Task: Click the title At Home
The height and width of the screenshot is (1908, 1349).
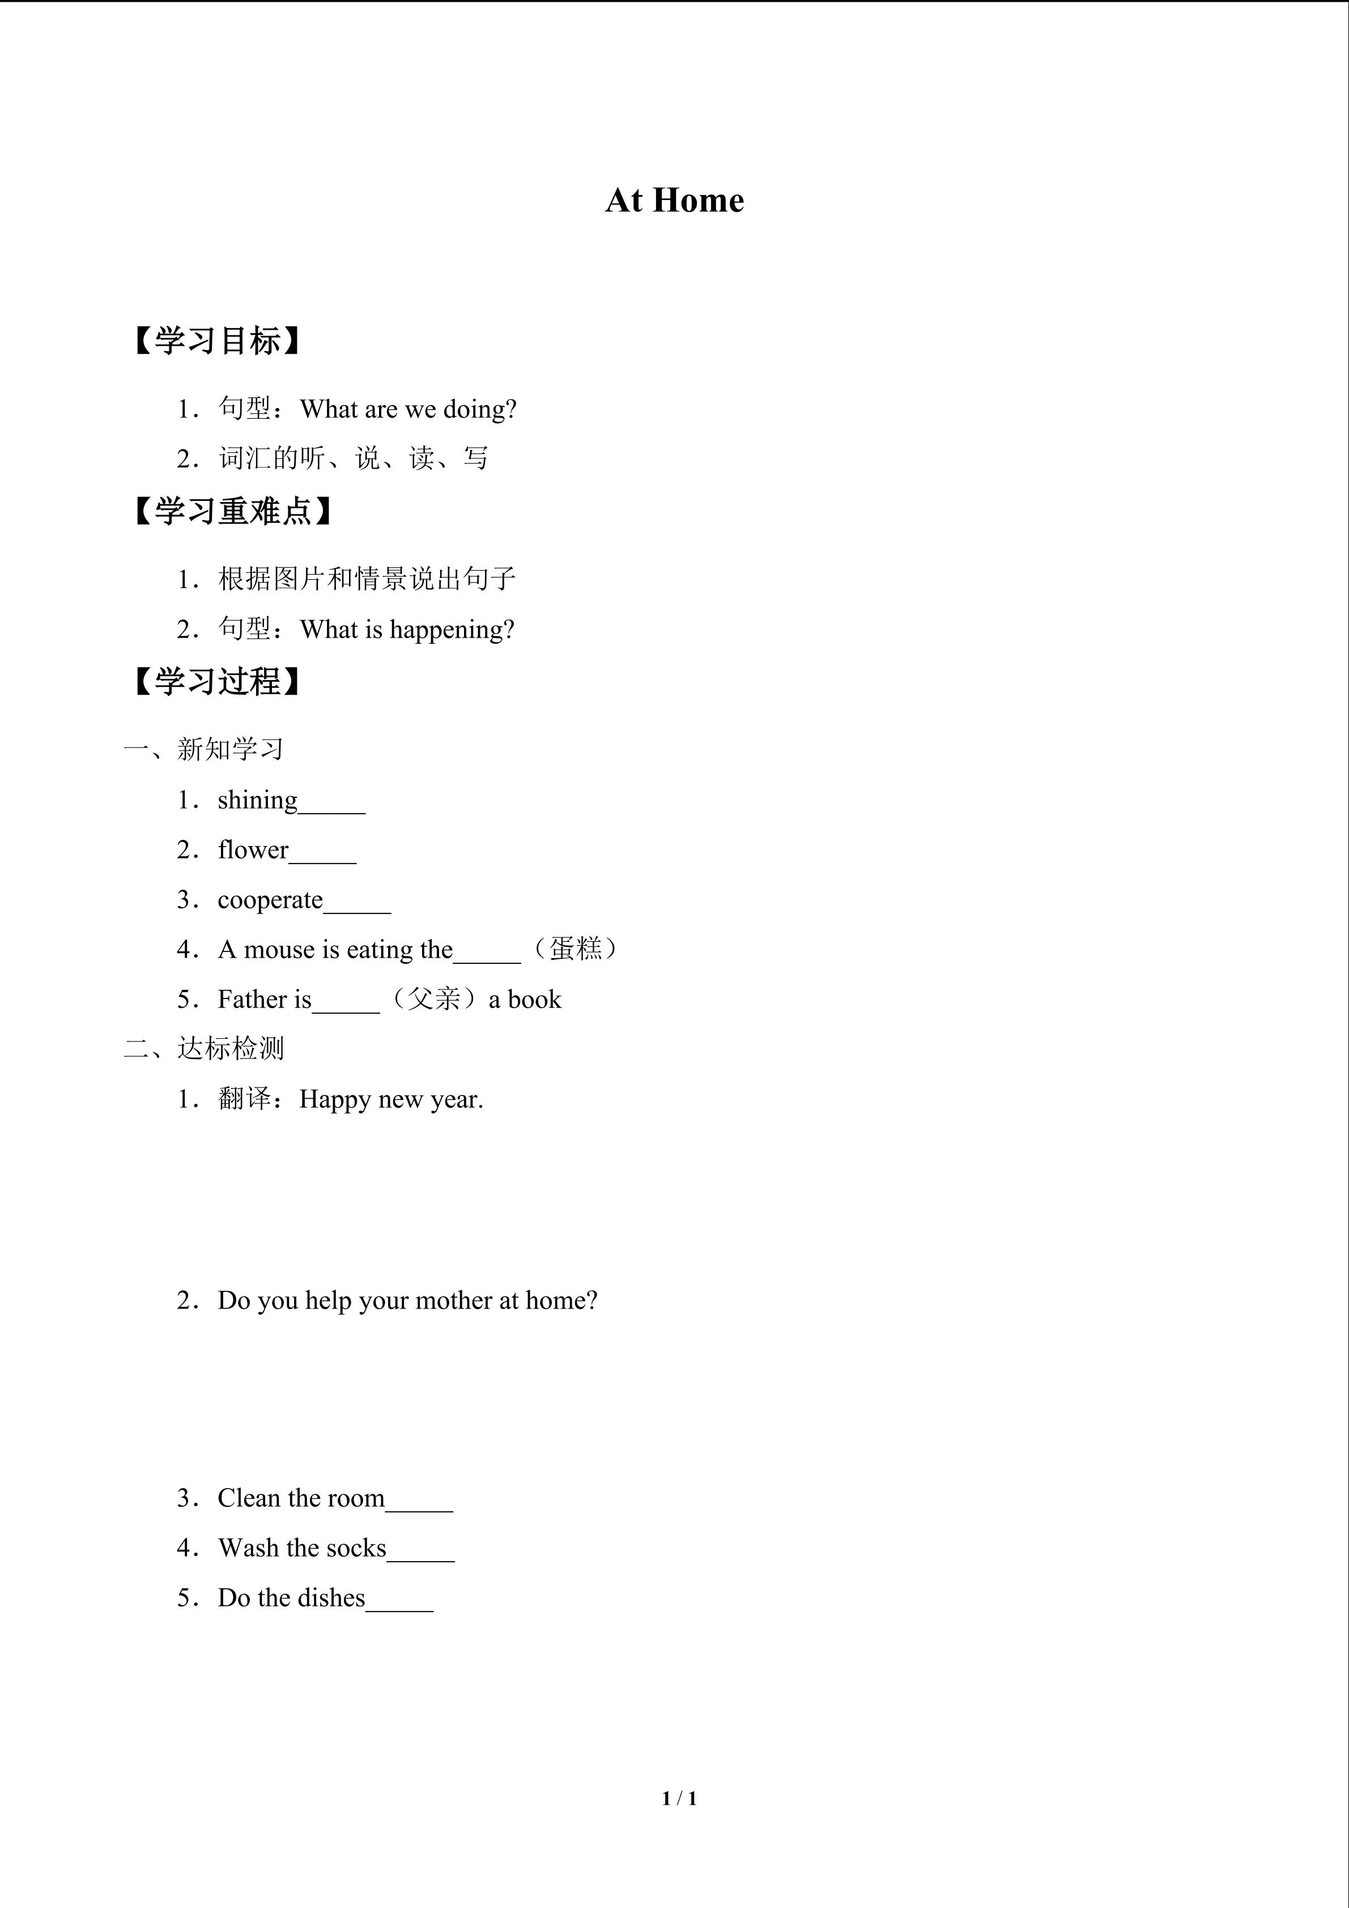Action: [674, 200]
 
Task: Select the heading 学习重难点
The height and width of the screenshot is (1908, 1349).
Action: [233, 511]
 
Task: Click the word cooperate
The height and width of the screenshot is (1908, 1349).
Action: [270, 900]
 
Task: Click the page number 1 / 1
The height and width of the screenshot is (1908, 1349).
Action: [679, 1798]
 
